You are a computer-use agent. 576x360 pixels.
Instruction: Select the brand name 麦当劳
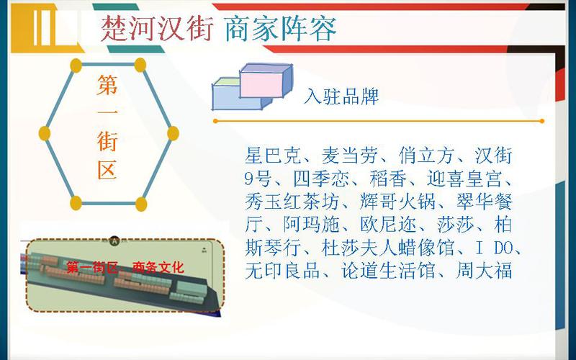point(350,156)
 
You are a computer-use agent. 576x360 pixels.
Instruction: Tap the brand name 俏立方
point(427,156)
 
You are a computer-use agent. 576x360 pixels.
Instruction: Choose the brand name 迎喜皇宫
point(464,179)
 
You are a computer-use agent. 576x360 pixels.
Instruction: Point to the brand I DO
point(494,248)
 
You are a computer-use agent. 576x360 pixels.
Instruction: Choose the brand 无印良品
point(283,271)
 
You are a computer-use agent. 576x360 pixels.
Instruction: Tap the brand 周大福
point(484,271)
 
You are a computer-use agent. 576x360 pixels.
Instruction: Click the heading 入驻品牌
point(341,96)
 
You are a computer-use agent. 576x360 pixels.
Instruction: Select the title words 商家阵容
point(280,29)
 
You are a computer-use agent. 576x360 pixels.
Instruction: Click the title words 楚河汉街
point(157,29)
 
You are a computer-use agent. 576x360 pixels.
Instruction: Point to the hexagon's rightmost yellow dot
point(173,133)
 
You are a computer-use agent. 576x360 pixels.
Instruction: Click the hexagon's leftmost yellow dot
point(45,133)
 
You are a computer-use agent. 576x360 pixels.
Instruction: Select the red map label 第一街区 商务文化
point(125,267)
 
